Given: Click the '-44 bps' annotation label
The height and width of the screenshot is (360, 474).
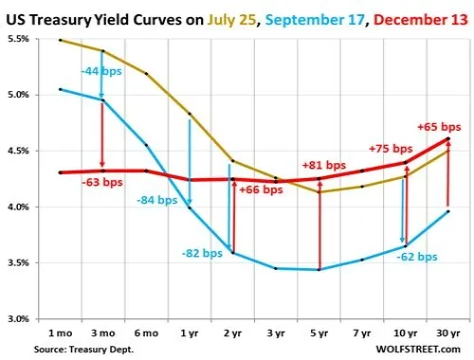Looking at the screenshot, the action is (x=101, y=71).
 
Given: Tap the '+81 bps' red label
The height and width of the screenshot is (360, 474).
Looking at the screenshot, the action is (x=324, y=165).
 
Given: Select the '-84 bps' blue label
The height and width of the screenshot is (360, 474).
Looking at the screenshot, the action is (x=157, y=200).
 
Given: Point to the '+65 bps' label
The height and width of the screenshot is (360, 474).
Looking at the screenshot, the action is (x=439, y=127).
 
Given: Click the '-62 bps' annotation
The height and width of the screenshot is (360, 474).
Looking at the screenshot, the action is (x=417, y=257).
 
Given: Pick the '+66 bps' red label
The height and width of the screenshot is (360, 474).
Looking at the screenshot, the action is (x=261, y=189).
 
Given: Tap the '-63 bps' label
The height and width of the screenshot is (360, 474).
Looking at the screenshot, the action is (x=102, y=183).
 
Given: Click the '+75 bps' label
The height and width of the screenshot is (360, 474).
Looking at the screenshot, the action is (x=391, y=149).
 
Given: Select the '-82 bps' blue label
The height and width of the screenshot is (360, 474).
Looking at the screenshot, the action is (x=202, y=253).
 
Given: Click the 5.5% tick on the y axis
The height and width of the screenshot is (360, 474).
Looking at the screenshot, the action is (x=18, y=39).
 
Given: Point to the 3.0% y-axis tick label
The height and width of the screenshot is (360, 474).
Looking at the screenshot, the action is (x=18, y=319).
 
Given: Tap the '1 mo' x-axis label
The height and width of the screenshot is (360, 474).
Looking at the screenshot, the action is (x=60, y=333).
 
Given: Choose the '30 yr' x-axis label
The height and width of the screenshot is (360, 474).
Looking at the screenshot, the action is (x=448, y=333).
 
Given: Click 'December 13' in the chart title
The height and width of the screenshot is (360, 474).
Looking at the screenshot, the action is (x=421, y=20).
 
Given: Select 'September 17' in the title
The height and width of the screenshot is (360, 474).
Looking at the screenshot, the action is (x=315, y=20).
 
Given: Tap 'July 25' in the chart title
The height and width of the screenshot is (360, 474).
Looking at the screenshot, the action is (x=231, y=20).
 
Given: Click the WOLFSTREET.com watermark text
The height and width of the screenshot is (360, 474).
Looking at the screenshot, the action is (x=418, y=350).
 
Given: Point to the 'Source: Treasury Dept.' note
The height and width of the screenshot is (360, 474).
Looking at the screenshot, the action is (x=83, y=350).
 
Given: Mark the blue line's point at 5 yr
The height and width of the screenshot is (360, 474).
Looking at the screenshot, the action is (x=319, y=270).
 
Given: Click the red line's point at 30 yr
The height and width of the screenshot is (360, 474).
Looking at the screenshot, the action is (x=448, y=138).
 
